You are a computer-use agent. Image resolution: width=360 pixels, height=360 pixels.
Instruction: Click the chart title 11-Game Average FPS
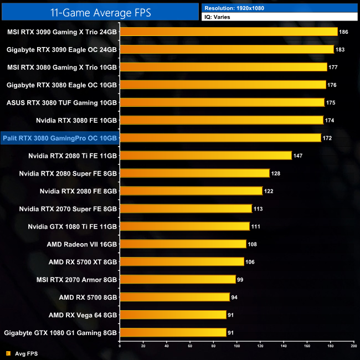100,12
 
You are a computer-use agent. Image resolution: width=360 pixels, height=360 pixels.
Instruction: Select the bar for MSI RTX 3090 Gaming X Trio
229,32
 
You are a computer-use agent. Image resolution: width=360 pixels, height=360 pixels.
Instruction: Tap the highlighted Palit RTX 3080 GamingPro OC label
60,138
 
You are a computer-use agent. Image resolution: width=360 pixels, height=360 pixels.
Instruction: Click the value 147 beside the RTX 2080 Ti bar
298,156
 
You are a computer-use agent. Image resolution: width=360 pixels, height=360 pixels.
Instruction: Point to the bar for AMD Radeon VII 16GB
183,244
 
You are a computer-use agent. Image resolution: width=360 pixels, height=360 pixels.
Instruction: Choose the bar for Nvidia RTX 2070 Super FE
186,209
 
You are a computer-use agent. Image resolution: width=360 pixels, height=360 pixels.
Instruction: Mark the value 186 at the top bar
344,32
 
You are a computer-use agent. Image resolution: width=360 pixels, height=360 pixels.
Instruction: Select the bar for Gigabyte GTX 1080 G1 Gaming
173,333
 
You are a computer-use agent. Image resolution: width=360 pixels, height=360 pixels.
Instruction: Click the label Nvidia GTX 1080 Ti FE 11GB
73,227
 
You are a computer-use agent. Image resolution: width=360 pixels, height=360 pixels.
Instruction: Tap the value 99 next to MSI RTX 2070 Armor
241,280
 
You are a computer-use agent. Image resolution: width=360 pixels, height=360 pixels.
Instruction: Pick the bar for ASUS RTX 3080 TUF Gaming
222,102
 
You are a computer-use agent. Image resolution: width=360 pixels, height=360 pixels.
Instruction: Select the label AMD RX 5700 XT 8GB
83,262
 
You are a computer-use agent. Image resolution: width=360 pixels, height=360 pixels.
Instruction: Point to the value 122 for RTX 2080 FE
269,191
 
